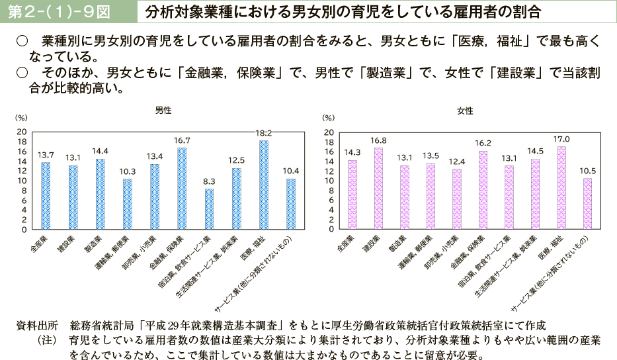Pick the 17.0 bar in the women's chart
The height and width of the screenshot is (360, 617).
click(561, 188)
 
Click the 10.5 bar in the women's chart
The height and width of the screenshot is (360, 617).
click(587, 204)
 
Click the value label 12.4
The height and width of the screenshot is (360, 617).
click(456, 161)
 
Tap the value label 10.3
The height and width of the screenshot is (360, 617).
click(127, 171)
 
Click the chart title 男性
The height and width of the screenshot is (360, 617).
click(163, 111)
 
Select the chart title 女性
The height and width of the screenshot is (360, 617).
click(465, 111)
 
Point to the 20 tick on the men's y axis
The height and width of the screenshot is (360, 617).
click(22, 132)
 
